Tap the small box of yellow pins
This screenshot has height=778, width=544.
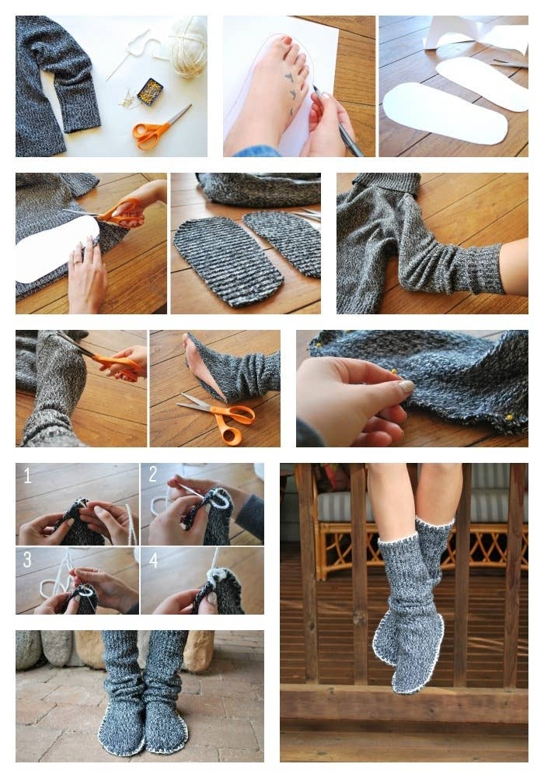point(150,92)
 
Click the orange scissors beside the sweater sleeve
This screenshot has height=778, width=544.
point(160,127)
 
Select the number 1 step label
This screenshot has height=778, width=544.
point(27,476)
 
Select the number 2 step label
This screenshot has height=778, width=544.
point(153,475)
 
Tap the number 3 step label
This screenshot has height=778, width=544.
point(27,559)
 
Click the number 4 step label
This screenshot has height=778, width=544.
point(154,560)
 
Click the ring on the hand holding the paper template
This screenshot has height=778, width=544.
point(78,259)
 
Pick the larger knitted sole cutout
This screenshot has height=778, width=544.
point(228,261)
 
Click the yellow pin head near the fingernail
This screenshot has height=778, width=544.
point(394,371)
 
